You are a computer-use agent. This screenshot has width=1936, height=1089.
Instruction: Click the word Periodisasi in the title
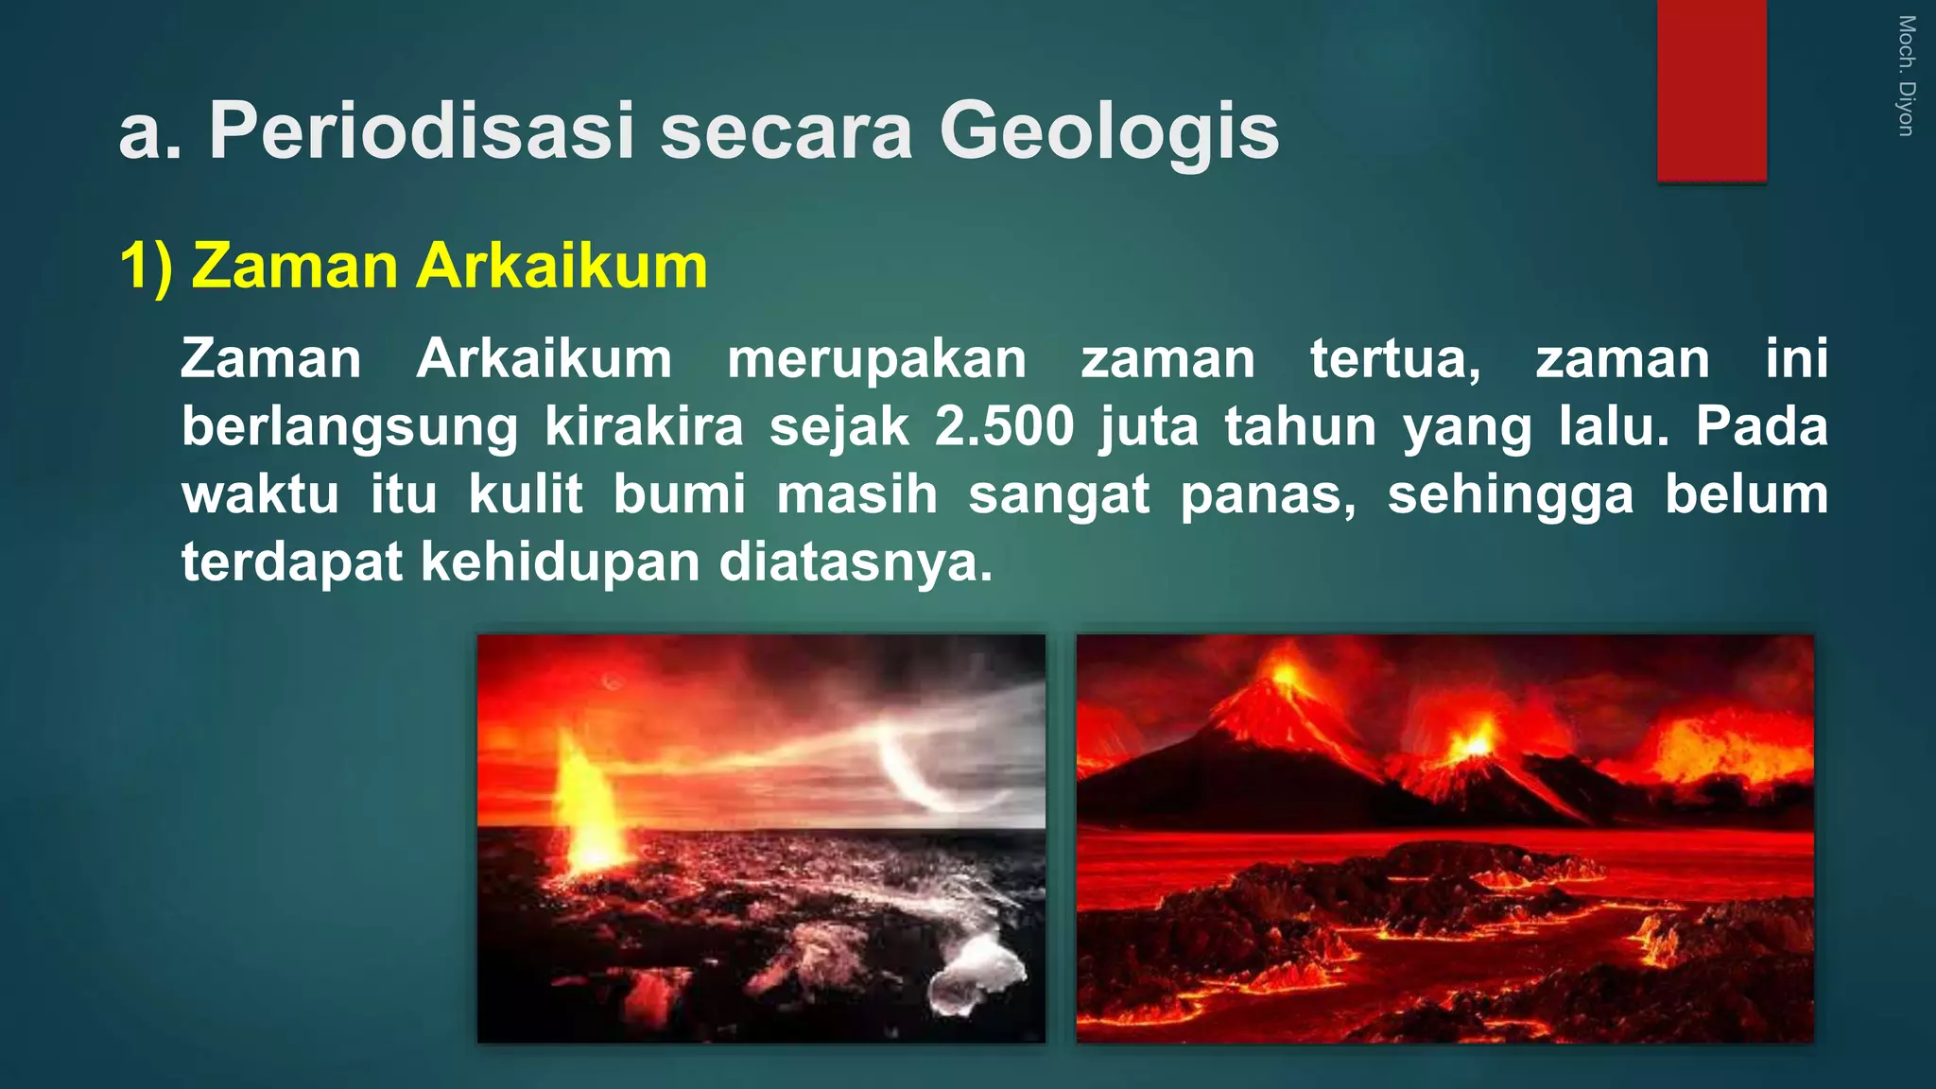click(422, 132)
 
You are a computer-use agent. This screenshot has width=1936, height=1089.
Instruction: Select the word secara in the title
click(786, 132)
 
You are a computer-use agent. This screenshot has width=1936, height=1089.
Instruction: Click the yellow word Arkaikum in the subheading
click(562, 267)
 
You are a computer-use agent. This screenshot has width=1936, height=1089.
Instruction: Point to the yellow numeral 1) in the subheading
click(147, 267)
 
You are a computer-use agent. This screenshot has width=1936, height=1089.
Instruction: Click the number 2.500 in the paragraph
click(1004, 426)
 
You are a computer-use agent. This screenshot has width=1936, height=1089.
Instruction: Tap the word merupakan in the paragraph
click(876, 359)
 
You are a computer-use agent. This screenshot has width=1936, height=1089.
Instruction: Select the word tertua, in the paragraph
click(1395, 359)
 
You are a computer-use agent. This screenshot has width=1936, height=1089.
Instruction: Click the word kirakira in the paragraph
click(644, 426)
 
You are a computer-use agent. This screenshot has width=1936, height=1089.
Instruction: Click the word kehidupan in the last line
click(558, 562)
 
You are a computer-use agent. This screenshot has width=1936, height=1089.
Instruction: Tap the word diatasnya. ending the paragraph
click(856, 562)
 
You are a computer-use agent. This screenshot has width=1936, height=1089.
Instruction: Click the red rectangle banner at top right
click(1711, 90)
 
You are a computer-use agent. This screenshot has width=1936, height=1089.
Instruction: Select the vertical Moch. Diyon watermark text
click(1906, 76)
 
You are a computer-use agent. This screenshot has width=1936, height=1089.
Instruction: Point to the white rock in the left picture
click(978, 974)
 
